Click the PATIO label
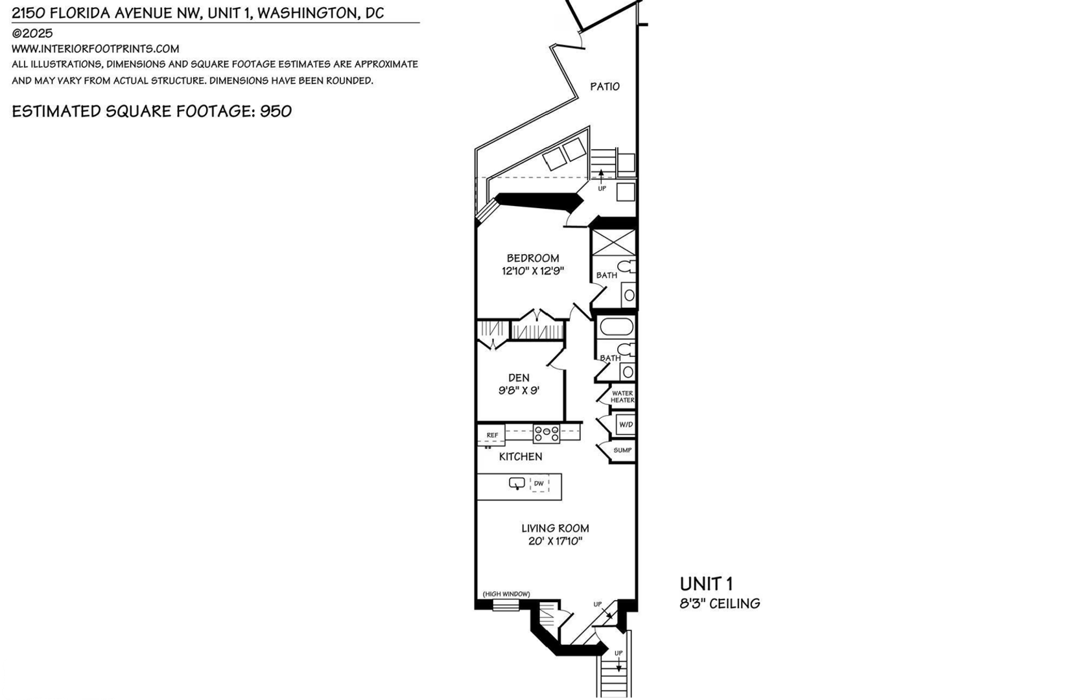pyautogui.click(x=605, y=86)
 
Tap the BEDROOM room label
pyautogui.click(x=533, y=258)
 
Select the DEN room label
pyautogui.click(x=519, y=377)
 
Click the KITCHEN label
pyautogui.click(x=520, y=456)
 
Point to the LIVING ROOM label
pyautogui.click(x=555, y=528)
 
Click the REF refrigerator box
pyautogui.click(x=491, y=435)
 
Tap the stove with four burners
pyautogui.click(x=547, y=433)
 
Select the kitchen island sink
pyautogui.click(x=517, y=483)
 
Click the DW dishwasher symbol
pyautogui.click(x=539, y=484)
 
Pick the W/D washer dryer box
pyautogui.click(x=626, y=425)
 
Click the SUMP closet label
pyautogui.click(x=622, y=450)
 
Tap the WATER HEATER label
pyautogui.click(x=622, y=397)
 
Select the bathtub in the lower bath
pyautogui.click(x=617, y=327)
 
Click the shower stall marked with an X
pyautogui.click(x=613, y=242)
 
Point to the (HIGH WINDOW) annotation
pyautogui.click(x=506, y=594)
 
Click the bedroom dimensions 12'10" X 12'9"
pyautogui.click(x=533, y=271)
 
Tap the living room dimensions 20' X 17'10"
pyautogui.click(x=555, y=541)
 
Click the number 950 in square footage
pyautogui.click(x=276, y=111)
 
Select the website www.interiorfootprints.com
pyautogui.click(x=95, y=49)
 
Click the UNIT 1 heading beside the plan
pyautogui.click(x=706, y=584)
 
